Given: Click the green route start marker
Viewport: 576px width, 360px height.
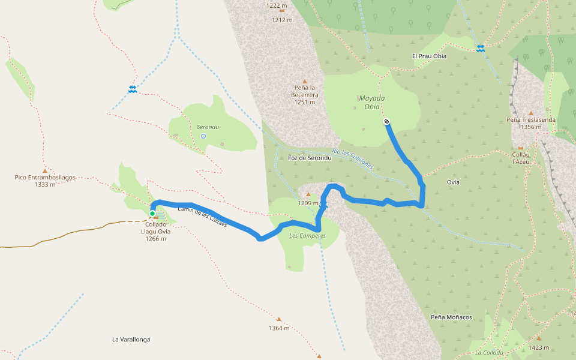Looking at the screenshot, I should click(x=152, y=213).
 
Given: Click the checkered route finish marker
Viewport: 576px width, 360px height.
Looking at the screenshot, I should click(x=387, y=122).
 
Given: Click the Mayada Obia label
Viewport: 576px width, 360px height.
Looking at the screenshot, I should click(x=371, y=103).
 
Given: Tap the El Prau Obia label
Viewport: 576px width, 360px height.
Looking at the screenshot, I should click(x=429, y=56).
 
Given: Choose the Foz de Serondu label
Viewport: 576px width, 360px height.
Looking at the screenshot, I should click(x=310, y=158).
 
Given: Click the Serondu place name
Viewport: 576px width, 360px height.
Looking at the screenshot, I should click(x=208, y=127).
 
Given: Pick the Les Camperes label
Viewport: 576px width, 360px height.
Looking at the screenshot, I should click(x=307, y=236).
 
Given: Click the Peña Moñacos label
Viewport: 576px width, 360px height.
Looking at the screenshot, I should click(x=451, y=317).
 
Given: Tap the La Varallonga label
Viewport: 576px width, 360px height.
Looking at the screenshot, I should click(x=131, y=340).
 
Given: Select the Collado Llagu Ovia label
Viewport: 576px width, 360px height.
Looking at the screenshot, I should click(x=155, y=231).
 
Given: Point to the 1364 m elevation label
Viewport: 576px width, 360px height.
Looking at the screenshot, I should click(x=279, y=328).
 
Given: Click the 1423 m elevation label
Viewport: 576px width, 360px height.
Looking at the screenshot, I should click(x=539, y=347).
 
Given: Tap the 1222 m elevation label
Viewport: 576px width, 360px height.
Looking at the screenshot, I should click(x=277, y=5).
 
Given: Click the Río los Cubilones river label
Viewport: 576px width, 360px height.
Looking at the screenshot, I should click(x=353, y=158).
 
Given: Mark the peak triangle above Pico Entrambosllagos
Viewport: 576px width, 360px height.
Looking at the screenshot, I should click(x=44, y=170).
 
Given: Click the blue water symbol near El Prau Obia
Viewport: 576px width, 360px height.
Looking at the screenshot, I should click(x=480, y=48).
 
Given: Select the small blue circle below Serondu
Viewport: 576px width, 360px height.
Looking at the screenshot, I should click(x=203, y=136).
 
